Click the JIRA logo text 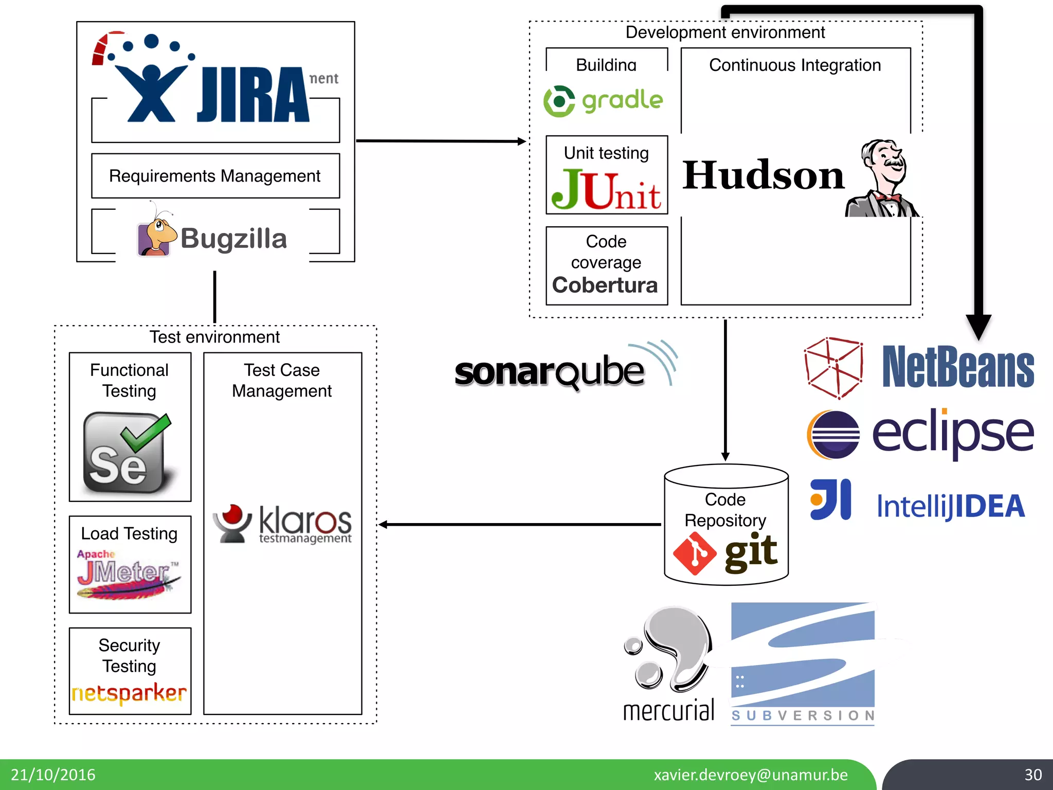[x=253, y=96]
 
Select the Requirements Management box [x=215, y=176]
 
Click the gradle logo [x=604, y=101]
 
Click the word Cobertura [x=605, y=285]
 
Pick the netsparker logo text [x=130, y=693]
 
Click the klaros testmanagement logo [x=283, y=524]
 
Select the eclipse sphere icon [x=833, y=435]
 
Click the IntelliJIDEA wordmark [x=951, y=507]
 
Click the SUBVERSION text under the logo [x=803, y=715]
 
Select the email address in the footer [x=751, y=775]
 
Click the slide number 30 [x=1033, y=775]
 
